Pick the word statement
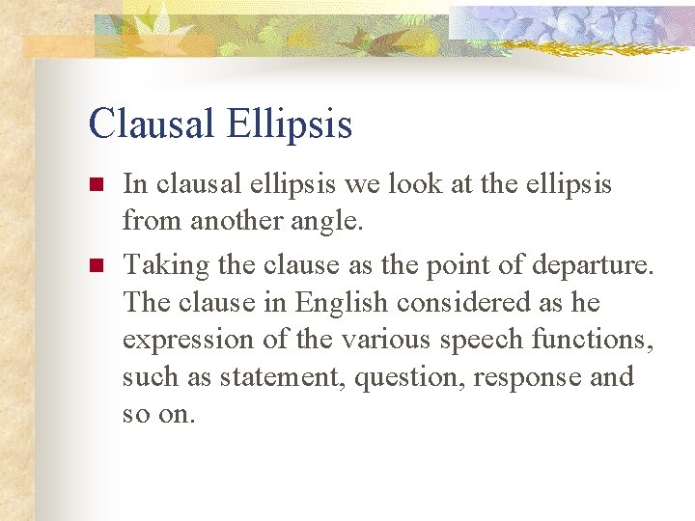(x=283, y=378)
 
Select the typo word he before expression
(x=584, y=302)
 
